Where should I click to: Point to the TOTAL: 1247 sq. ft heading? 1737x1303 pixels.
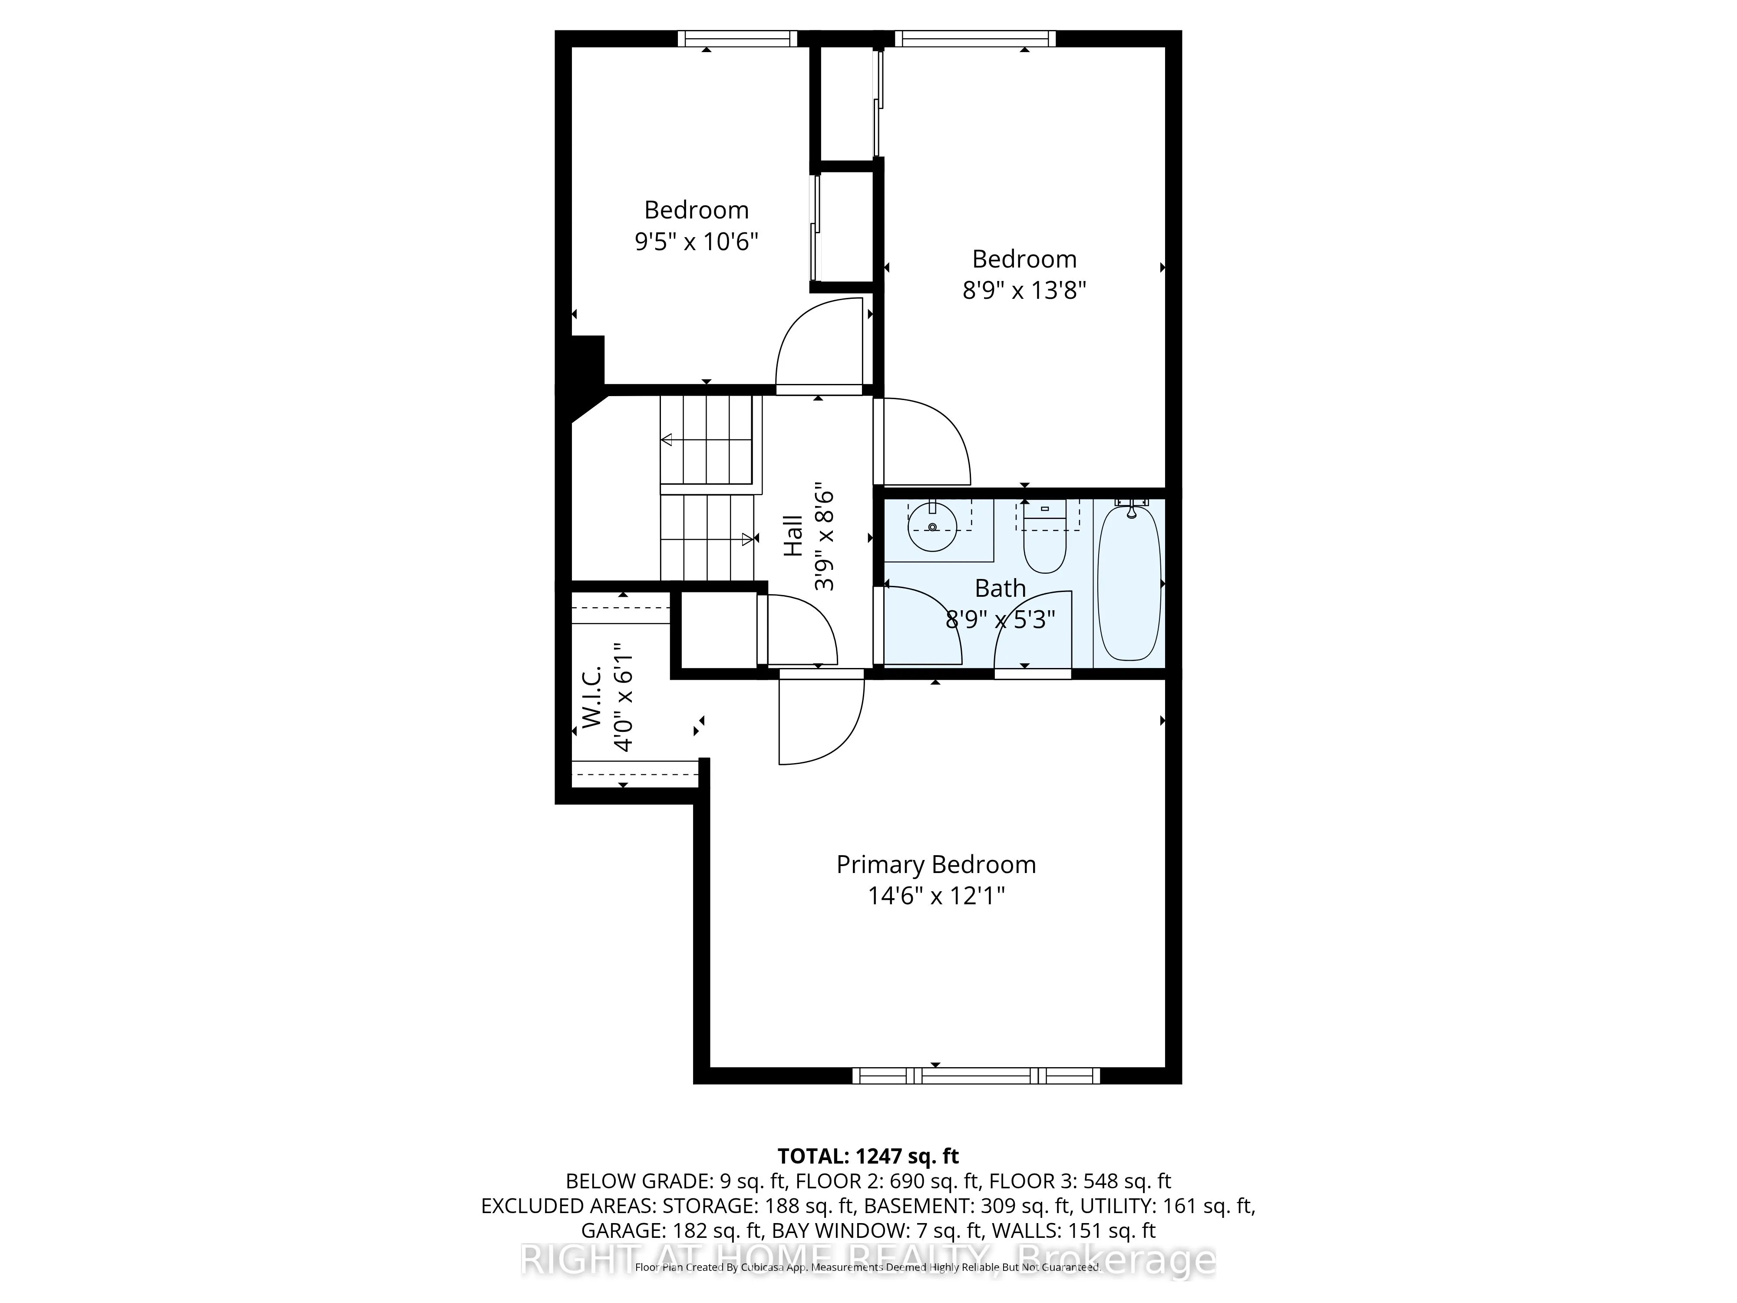pos(868,1156)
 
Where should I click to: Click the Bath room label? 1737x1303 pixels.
pos(1000,588)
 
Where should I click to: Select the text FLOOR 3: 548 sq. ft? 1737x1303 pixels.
pos(1079,1181)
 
